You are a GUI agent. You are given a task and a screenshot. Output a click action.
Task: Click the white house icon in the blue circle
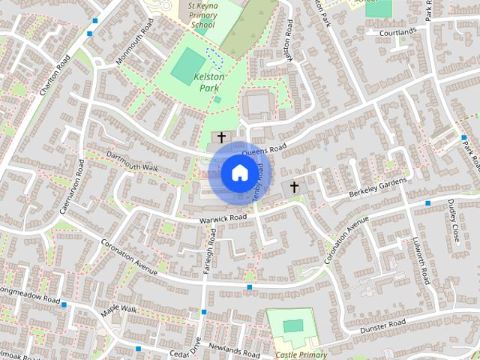pyautogui.click(x=239, y=173)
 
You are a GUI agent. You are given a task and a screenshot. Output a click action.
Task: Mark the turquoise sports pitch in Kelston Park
pyautogui.click(x=186, y=67)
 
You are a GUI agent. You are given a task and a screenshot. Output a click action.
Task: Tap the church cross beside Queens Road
pyautogui.click(x=221, y=137)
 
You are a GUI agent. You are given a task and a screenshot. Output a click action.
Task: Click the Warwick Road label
pyautogui.click(x=223, y=218)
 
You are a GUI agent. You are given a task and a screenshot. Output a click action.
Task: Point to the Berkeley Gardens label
pyautogui.click(x=377, y=188)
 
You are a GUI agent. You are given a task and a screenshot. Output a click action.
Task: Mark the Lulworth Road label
pyautogui.click(x=421, y=262)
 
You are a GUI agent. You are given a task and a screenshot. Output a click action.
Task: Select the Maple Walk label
pyautogui.click(x=120, y=310)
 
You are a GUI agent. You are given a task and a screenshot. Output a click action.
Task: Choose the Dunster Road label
pyautogui.click(x=382, y=325)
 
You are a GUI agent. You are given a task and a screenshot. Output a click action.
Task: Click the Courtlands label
pyautogui.click(x=397, y=33)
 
